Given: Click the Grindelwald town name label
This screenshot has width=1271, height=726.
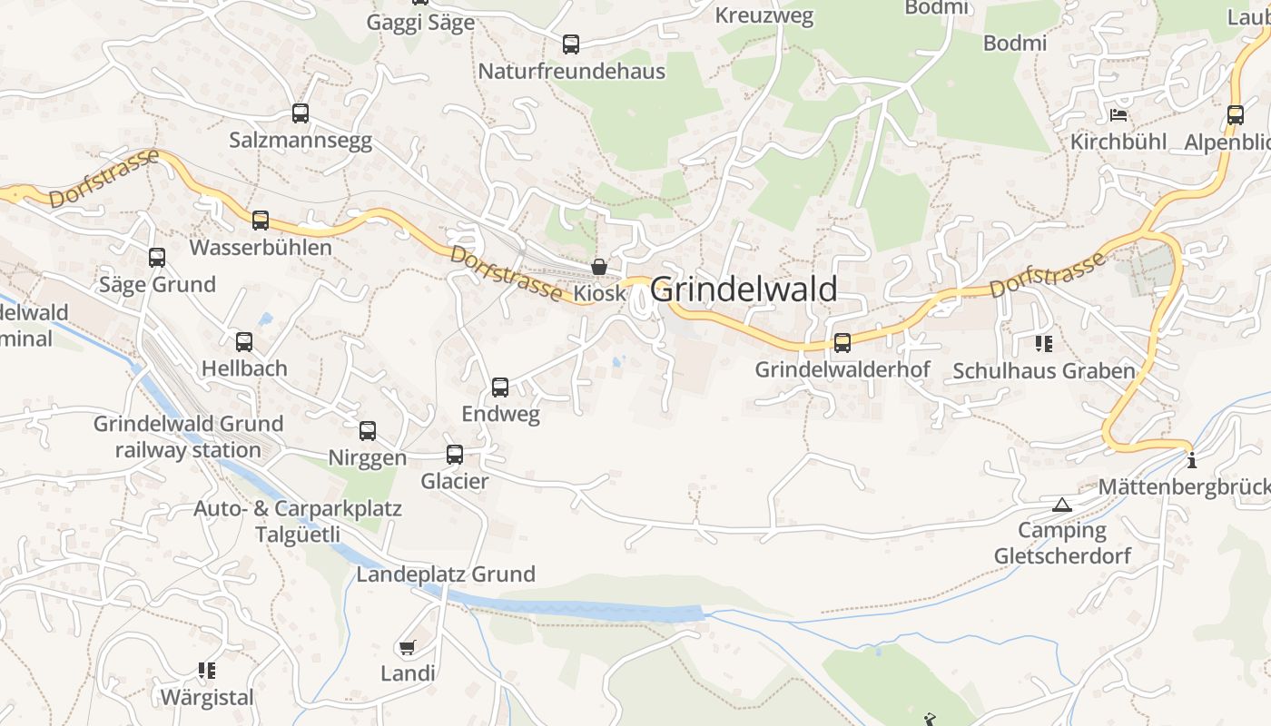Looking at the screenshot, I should [x=744, y=289].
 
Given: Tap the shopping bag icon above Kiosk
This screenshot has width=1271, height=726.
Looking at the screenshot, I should [x=599, y=267].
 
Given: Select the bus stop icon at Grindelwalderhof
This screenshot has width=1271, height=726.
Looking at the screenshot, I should [x=842, y=343].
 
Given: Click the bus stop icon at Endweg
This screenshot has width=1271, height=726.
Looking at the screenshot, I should [x=500, y=388].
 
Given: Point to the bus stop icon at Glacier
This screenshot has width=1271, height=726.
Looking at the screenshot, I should [x=455, y=455].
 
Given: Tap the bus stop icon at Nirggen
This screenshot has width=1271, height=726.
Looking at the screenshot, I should [x=368, y=431].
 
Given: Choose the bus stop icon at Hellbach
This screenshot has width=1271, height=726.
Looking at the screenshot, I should [x=244, y=342].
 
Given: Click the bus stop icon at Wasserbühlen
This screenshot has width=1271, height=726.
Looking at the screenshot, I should [x=261, y=221].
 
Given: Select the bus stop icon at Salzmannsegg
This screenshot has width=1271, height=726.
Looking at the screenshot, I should [x=301, y=113].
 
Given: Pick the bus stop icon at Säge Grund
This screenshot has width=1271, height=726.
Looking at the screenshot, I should [x=157, y=258].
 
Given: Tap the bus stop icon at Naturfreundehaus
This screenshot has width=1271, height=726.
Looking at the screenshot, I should [x=571, y=44].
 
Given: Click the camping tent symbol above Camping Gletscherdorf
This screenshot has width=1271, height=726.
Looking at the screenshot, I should [x=1062, y=505].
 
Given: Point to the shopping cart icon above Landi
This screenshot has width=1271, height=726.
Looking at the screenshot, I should [x=408, y=647].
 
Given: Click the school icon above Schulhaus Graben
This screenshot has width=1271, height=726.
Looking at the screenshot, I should [x=1044, y=344].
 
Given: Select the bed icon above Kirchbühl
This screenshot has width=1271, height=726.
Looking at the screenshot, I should [x=1118, y=115].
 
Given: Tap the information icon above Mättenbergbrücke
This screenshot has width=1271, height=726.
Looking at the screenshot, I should [x=1192, y=460].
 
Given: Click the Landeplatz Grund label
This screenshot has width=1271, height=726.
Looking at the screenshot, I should [x=446, y=574].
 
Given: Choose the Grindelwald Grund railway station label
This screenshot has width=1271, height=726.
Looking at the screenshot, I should [x=189, y=437].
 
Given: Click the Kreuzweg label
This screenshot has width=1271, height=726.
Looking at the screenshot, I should [x=764, y=15].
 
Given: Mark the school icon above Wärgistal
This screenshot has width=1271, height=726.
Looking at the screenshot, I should [x=207, y=671].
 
